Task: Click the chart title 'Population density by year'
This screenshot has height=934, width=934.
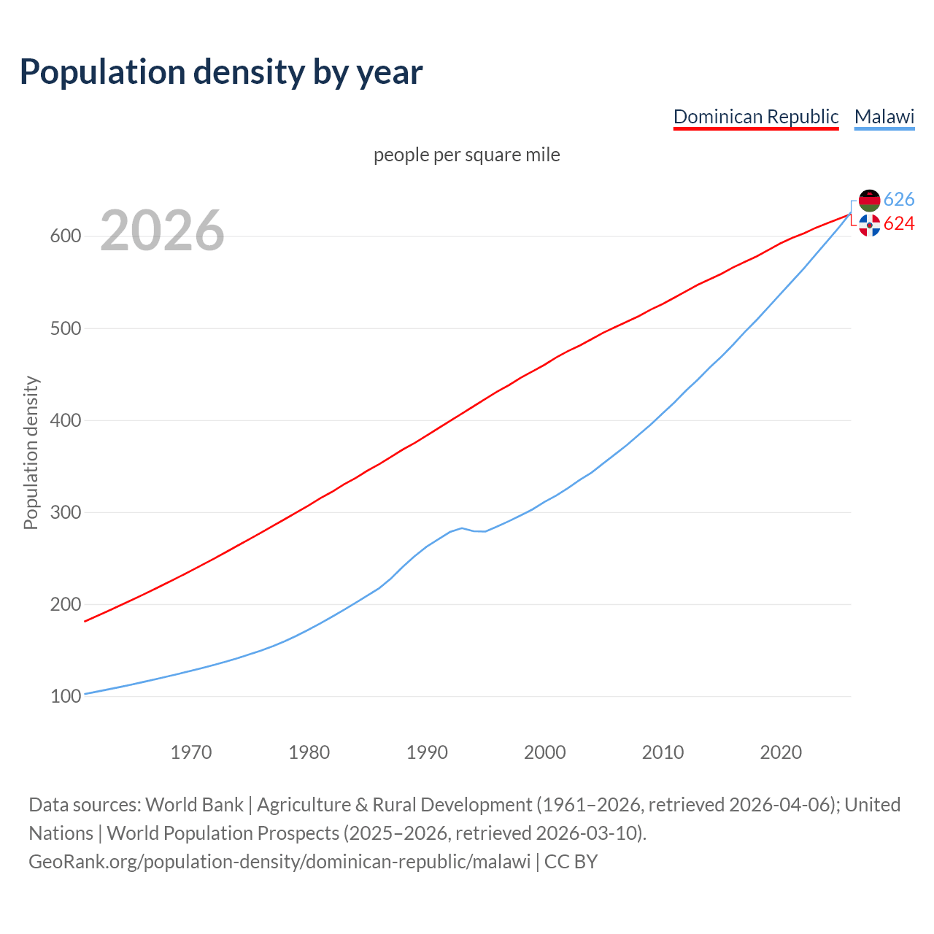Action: (x=221, y=72)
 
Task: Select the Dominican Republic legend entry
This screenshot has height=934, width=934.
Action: (x=755, y=117)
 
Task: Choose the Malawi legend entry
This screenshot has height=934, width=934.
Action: (x=884, y=117)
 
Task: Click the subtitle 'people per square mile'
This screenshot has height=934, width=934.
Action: (x=466, y=155)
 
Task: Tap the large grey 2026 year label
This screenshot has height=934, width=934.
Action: (x=162, y=231)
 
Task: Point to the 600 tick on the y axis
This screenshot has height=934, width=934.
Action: (x=65, y=236)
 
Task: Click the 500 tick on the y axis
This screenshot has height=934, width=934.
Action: (x=65, y=328)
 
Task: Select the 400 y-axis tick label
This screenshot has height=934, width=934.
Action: (x=65, y=421)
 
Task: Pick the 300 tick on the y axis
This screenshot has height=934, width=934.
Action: (x=65, y=513)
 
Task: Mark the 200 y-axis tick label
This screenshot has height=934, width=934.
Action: (x=65, y=605)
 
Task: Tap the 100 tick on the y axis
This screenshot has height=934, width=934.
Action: (x=65, y=697)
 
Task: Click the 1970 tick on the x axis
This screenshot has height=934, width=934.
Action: (x=191, y=752)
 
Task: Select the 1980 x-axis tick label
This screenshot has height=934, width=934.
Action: (x=309, y=752)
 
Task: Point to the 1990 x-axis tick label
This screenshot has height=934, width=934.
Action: (x=427, y=752)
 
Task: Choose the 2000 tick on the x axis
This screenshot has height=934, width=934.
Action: (x=545, y=752)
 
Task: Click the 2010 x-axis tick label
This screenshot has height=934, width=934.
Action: (x=663, y=752)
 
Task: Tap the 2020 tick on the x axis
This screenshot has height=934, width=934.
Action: (x=781, y=752)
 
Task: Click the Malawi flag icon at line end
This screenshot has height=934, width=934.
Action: (x=869, y=200)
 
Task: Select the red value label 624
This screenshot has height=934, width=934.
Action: (x=898, y=224)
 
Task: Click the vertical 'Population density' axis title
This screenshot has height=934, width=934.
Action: (x=31, y=452)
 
